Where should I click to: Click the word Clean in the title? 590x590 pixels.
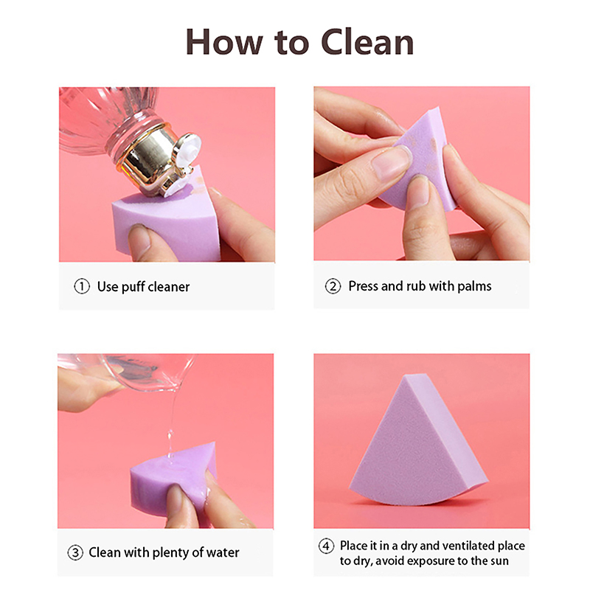point(367,42)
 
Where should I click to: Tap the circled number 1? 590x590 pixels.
point(82,286)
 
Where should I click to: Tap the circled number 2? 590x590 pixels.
point(333,286)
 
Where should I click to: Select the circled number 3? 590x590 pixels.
point(75,552)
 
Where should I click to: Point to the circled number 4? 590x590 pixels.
point(326,546)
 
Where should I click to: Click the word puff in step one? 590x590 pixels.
point(131,287)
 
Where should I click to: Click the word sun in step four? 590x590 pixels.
point(499,561)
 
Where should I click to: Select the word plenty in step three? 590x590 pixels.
point(171,553)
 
